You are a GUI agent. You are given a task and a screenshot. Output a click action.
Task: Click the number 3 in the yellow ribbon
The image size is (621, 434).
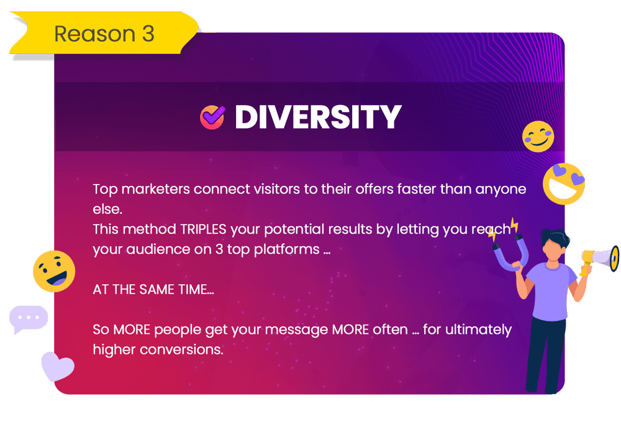point(148,34)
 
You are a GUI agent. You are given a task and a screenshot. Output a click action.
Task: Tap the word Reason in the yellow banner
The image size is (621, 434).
point(94,34)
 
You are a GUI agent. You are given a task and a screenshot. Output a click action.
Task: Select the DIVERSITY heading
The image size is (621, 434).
point(319,117)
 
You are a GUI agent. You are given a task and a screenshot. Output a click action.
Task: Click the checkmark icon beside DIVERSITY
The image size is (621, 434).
point(212,118)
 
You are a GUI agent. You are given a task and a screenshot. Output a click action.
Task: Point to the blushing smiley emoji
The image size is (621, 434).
point(538,136)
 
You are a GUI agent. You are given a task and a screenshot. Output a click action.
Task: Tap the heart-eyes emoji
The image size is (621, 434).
point(564,183)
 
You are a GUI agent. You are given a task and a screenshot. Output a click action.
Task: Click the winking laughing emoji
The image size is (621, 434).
point(54,271)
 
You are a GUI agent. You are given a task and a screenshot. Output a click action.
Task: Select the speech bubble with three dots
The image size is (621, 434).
point(28,319)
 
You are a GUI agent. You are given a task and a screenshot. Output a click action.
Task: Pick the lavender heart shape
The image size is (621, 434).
point(57,366)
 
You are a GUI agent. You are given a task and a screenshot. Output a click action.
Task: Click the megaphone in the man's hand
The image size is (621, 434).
point(601,259)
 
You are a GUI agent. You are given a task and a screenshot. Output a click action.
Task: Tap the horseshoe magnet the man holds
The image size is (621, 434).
point(511,252)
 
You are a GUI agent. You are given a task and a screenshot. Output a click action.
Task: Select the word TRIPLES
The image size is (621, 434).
point(203,229)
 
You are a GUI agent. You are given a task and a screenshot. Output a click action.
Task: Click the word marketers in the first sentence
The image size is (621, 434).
point(156,189)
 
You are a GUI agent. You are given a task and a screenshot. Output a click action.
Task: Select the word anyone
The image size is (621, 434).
point(501,190)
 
